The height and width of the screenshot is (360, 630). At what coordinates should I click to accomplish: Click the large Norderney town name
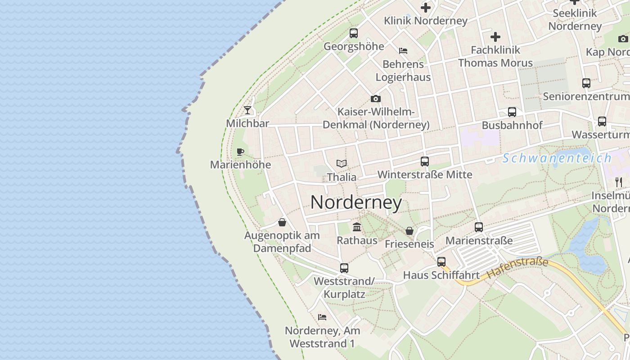[356, 202]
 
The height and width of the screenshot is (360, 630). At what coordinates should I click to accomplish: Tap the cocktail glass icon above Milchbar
[247, 110]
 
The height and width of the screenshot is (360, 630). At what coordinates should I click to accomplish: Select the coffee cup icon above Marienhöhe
[240, 152]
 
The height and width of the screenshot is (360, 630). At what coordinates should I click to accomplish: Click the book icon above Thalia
[342, 164]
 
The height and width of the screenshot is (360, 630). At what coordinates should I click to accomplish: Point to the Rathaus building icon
[357, 227]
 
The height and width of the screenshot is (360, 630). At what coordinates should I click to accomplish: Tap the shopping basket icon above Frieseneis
[409, 231]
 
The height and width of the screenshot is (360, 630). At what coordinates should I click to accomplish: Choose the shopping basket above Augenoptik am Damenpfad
[282, 222]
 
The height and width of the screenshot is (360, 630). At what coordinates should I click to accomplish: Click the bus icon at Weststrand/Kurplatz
[344, 268]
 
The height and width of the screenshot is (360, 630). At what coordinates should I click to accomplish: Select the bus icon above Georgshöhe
[354, 33]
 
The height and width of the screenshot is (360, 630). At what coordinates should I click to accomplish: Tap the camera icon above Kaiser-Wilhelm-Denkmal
[376, 99]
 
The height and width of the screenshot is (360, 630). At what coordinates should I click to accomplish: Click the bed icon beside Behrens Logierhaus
[403, 51]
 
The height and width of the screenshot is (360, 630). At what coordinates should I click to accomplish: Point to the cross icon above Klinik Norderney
[426, 8]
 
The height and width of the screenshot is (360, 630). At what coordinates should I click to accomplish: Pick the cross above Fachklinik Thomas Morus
[495, 37]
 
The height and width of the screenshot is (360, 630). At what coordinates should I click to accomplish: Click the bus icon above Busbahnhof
[512, 112]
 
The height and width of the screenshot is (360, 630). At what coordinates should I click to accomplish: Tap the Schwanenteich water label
[557, 158]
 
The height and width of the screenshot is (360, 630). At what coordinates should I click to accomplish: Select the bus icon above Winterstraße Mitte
[425, 162]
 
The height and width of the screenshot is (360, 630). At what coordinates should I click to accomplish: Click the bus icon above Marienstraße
[479, 227]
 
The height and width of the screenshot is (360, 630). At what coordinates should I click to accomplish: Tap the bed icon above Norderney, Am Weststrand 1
[322, 317]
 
